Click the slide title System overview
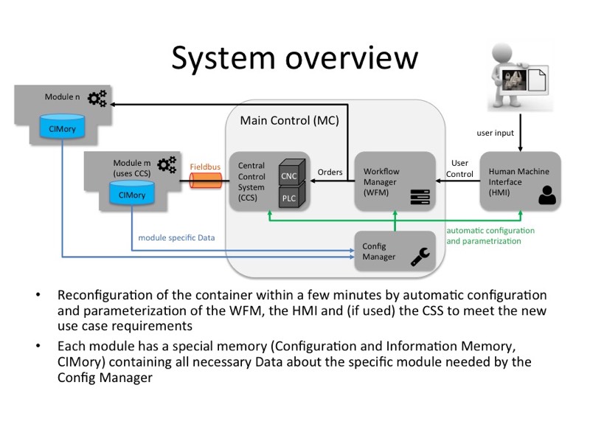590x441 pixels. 295,57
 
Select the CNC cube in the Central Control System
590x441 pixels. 290,175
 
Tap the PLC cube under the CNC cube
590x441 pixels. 290,197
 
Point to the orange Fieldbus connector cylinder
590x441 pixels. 205,181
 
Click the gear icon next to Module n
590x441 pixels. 97,98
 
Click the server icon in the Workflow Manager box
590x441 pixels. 420,197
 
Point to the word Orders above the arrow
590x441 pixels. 330,172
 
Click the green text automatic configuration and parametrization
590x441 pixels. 490,236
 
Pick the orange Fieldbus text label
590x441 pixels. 205,167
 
